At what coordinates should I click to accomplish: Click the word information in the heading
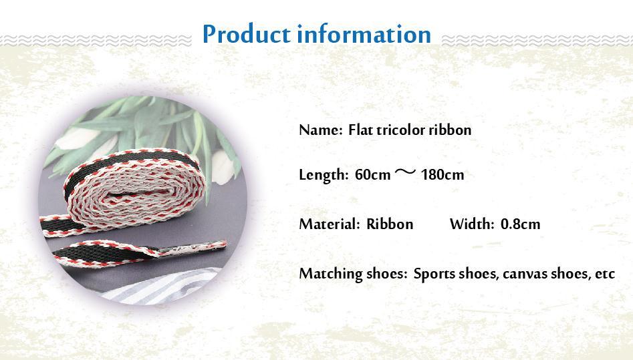[364, 34]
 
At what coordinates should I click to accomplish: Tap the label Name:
[320, 130]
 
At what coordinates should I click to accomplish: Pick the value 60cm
[372, 176]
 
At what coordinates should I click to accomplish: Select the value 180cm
[442, 176]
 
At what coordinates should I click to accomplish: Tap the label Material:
[329, 224]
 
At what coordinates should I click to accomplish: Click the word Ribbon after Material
[390, 224]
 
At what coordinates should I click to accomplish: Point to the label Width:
[472, 224]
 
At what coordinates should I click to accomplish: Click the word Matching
[328, 275]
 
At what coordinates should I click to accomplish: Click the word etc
[604, 275]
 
